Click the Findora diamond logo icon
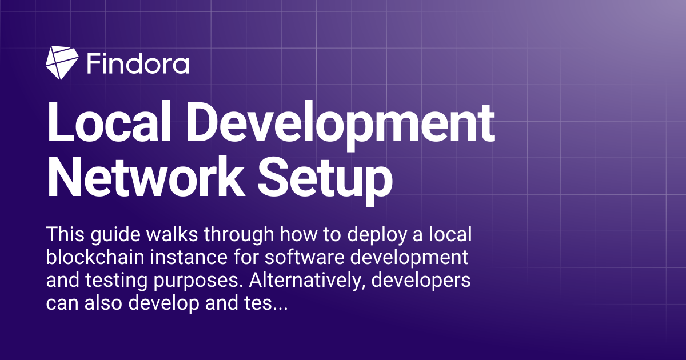tap(61, 62)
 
